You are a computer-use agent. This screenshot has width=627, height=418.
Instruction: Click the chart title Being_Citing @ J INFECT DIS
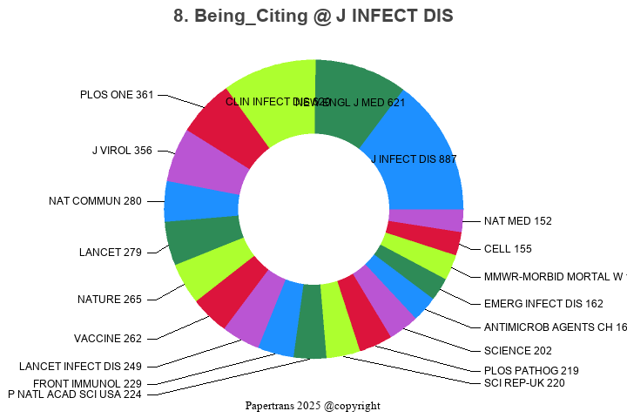click(313, 17)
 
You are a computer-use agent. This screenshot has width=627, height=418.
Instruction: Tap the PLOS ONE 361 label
click(117, 95)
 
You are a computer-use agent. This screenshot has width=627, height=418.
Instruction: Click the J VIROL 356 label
click(122, 151)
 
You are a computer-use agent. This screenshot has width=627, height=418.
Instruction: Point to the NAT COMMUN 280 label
click(95, 201)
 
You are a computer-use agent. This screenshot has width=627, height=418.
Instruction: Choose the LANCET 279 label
click(111, 253)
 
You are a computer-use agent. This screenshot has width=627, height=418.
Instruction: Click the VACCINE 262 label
click(108, 339)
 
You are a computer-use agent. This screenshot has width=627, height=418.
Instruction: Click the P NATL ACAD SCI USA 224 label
click(75, 394)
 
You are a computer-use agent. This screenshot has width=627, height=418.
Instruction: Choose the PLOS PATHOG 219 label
click(531, 370)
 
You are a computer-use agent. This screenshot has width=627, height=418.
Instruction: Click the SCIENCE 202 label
click(518, 351)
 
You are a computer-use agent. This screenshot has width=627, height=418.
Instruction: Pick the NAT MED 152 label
click(518, 221)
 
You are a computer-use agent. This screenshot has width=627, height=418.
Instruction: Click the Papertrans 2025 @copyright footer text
click(313, 406)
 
